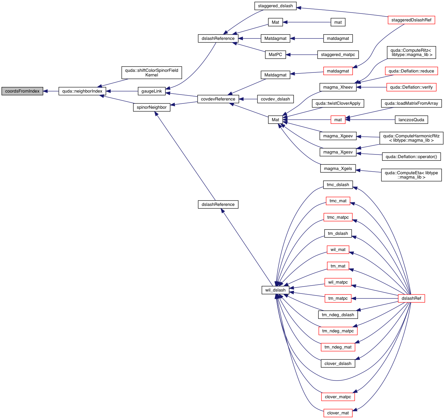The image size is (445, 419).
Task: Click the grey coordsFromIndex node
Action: tap(22, 91)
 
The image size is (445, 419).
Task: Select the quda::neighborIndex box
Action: tap(82, 91)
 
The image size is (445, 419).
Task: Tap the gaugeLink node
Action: tap(152, 91)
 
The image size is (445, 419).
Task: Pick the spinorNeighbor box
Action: tap(152, 107)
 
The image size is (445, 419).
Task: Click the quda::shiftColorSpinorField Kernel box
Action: tap(152, 73)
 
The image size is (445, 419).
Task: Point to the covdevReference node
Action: tap(218, 99)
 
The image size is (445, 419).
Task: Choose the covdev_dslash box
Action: tap(275, 99)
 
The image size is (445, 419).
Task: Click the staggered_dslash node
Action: tap(275, 6)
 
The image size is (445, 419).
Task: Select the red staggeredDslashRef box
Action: tap(411, 20)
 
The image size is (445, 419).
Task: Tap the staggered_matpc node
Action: tap(338, 55)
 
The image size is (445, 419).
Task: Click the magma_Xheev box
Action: tap(338, 87)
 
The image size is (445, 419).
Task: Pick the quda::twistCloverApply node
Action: tap(338, 103)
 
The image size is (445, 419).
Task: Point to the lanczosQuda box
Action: tap(411, 120)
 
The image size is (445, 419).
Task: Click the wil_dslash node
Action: tap(275, 290)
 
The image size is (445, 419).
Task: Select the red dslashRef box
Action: tap(411, 298)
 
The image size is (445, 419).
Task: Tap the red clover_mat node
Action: tap(338, 413)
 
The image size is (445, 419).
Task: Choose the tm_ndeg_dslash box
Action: tap(338, 315)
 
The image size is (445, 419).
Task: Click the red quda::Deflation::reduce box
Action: tap(411, 71)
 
